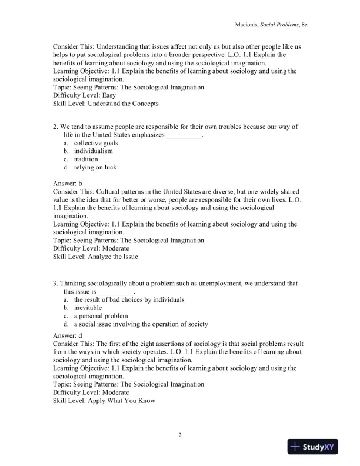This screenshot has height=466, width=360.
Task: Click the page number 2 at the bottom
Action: click(180, 435)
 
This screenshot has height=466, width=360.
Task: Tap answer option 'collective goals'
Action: click(95, 143)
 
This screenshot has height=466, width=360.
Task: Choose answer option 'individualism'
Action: click(93, 151)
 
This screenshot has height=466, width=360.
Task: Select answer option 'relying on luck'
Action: click(95, 168)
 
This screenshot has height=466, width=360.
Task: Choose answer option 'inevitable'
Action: click(88, 308)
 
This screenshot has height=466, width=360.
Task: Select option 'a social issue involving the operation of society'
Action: click(141, 324)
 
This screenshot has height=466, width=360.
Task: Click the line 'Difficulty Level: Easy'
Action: click(84, 95)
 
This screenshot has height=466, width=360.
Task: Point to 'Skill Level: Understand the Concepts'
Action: click(105, 104)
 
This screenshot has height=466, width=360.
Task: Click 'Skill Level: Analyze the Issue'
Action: click(96, 257)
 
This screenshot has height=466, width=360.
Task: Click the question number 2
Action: click(55, 127)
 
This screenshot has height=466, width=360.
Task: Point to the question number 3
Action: click(55, 284)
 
